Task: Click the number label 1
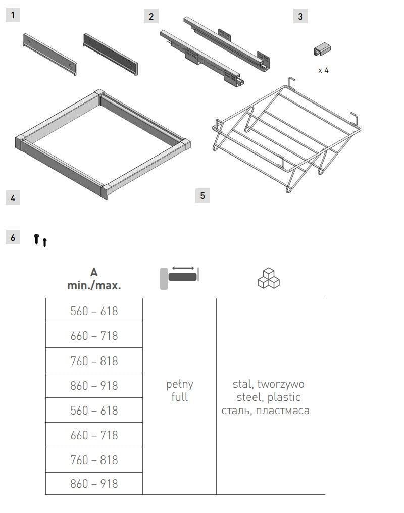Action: pyautogui.click(x=13, y=15)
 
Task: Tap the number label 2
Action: pyautogui.click(x=151, y=16)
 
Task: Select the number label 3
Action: pyautogui.click(x=300, y=16)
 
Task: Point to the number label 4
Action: pyautogui.click(x=13, y=198)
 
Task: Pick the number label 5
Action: pyautogui.click(x=203, y=195)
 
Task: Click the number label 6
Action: pyautogui.click(x=13, y=237)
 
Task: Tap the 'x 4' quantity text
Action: pyautogui.click(x=323, y=70)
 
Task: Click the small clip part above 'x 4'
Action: pyautogui.click(x=322, y=49)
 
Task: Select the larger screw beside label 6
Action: pyautogui.click(x=36, y=239)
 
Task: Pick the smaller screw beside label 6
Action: pyautogui.click(x=45, y=242)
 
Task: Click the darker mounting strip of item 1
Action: pyautogui.click(x=111, y=55)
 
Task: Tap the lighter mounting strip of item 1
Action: pyautogui.click(x=50, y=55)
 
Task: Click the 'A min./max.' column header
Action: pyautogui.click(x=94, y=279)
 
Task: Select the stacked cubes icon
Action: pyautogui.click(x=269, y=278)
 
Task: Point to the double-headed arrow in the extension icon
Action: pyautogui.click(x=183, y=268)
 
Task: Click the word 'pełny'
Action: pyautogui.click(x=180, y=384)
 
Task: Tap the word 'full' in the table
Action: pyautogui.click(x=180, y=397)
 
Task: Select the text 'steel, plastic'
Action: pyautogui.click(x=269, y=397)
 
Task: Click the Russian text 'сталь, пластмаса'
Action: pyautogui.click(x=265, y=411)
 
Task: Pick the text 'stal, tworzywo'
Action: pyautogui.click(x=269, y=384)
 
